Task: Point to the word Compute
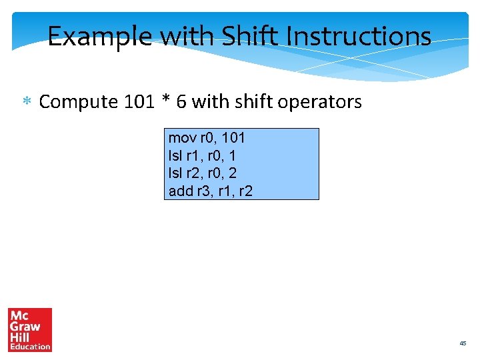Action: pos(79,102)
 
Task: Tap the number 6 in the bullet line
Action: pos(182,102)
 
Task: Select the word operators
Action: pos(320,102)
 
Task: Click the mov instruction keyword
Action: pos(182,138)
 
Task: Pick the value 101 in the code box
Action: pos(233,138)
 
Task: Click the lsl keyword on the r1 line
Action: pos(176,156)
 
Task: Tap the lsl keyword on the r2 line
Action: pos(176,173)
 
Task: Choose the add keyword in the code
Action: pos(181,191)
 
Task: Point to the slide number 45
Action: pos(463,343)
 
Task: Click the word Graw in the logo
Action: pos(25,327)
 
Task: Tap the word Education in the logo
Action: pos(30,347)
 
